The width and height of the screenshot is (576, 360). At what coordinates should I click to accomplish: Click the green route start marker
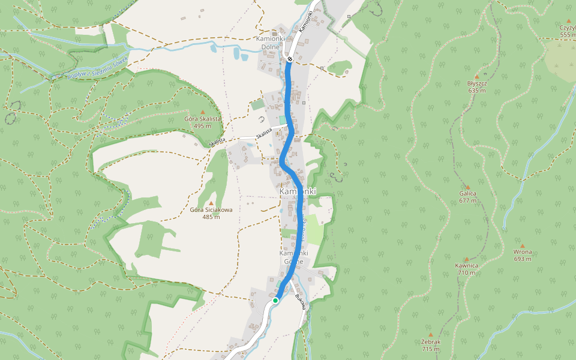click(x=275, y=300)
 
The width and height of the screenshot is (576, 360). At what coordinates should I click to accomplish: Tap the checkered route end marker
click(x=289, y=59)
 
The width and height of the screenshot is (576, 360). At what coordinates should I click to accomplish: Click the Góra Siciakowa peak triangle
click(x=211, y=203)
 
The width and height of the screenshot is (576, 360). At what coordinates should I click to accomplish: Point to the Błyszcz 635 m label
click(x=476, y=86)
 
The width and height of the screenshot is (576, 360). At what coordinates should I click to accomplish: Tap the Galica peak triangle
click(x=467, y=187)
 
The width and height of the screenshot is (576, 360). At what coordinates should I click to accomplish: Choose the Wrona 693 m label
click(x=523, y=256)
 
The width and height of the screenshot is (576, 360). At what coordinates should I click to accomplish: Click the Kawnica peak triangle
click(x=466, y=259)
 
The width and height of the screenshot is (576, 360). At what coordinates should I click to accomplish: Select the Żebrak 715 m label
click(x=431, y=345)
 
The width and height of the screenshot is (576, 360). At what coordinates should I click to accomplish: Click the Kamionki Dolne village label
click(x=274, y=43)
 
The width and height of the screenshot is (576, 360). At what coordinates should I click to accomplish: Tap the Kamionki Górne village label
click(x=295, y=257)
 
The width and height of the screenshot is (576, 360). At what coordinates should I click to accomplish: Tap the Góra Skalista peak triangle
click(x=203, y=112)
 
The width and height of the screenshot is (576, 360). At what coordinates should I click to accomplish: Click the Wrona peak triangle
click(x=523, y=246)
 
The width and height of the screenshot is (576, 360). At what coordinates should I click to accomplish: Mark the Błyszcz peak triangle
click(x=476, y=77)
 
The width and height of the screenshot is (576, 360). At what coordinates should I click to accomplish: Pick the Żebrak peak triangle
click(x=431, y=335)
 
